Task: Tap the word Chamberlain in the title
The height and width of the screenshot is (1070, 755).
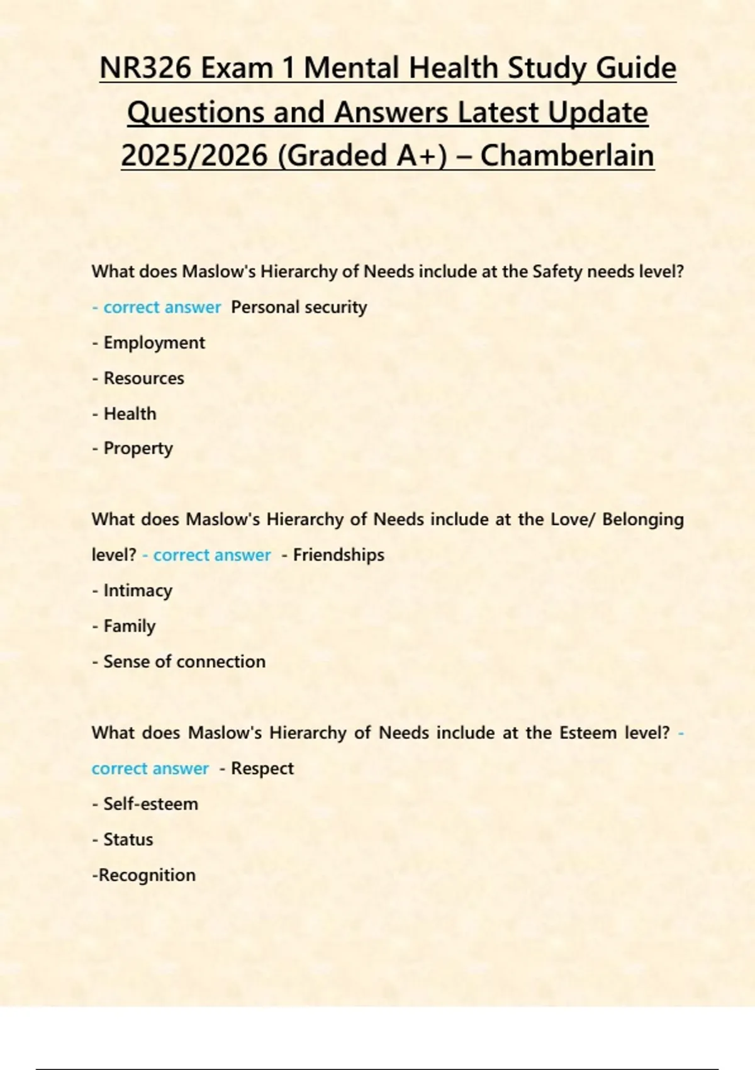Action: (x=567, y=156)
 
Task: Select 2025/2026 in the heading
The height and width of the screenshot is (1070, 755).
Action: (x=194, y=156)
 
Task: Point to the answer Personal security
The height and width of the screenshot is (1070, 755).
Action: (x=299, y=307)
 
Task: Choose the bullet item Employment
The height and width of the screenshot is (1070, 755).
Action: (x=154, y=343)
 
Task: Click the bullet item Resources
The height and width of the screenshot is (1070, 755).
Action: (x=143, y=378)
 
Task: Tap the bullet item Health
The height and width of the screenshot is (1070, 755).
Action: (x=130, y=414)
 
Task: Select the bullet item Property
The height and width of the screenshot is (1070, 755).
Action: (x=138, y=449)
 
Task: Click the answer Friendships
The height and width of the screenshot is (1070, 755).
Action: (x=338, y=555)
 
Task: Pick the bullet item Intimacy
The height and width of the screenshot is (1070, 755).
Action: (x=138, y=590)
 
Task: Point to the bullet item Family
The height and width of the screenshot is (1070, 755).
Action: (x=129, y=626)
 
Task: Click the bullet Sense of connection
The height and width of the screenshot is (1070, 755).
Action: (x=184, y=662)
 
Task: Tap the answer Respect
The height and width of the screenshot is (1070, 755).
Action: (x=262, y=769)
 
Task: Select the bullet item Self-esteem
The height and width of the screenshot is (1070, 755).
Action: (x=150, y=804)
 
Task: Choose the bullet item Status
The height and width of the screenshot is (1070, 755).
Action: (x=128, y=840)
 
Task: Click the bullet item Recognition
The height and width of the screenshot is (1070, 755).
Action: (x=147, y=875)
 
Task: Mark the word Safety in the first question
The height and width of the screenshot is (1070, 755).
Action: (x=557, y=272)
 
